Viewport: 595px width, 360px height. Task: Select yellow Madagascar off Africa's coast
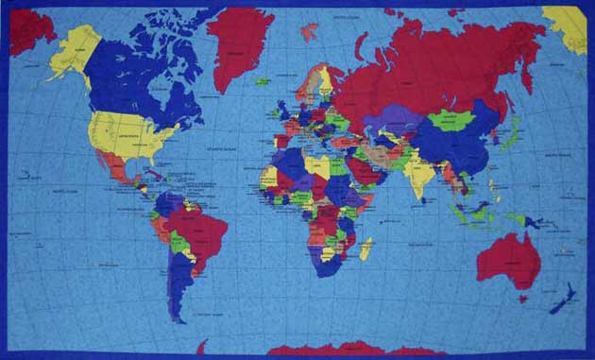click(365, 249)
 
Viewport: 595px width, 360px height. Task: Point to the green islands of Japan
click(511, 138)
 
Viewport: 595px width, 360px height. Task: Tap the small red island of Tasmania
click(521, 300)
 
